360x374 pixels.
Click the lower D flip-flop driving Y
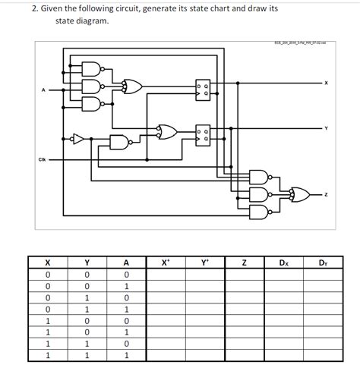click(204, 134)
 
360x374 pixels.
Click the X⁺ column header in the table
click(166, 263)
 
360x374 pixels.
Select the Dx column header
click(283, 263)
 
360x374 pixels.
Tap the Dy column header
click(323, 263)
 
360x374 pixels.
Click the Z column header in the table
click(244, 263)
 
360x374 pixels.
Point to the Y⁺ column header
click(204, 263)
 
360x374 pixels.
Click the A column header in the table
click(125, 263)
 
